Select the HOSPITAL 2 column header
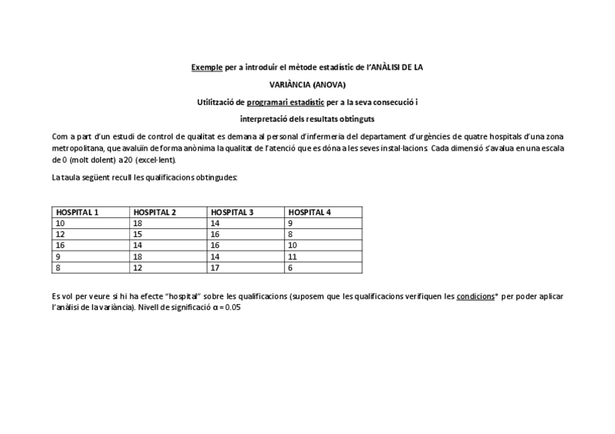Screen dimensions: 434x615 [154, 212]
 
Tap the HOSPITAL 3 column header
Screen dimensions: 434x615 [232, 212]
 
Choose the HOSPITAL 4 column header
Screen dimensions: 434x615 [310, 212]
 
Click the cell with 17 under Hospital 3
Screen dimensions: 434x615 [215, 267]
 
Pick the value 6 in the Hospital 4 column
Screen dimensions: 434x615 [290, 267]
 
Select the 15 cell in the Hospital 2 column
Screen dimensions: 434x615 [137, 235]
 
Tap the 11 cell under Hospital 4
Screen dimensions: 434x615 [292, 256]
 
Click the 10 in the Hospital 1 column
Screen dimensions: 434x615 [60, 224]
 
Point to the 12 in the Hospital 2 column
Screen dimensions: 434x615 [137, 267]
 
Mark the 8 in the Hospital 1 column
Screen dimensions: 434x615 [59, 267]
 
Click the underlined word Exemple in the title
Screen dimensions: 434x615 [207, 67]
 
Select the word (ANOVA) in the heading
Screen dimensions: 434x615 [329, 85]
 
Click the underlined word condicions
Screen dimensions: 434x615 [475, 296]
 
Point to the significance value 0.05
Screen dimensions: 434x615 [233, 307]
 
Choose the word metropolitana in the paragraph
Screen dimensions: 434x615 [76, 148]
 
